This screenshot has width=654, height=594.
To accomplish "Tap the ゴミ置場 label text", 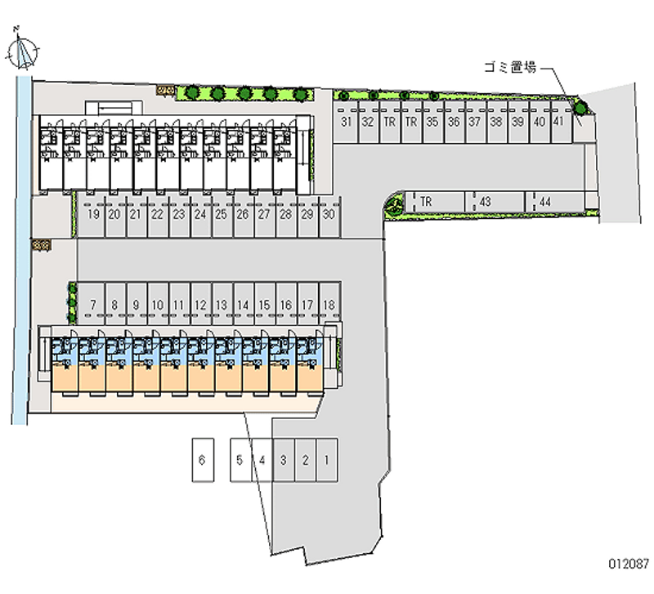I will coord(508,69).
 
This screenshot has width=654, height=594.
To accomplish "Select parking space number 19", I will coord(94,215).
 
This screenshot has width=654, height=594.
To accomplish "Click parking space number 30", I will coord(328,215).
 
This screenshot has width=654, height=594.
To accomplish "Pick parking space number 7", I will coord(94,306).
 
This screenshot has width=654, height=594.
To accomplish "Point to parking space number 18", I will coord(328,306).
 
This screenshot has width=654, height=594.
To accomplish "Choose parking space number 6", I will coord(201,461).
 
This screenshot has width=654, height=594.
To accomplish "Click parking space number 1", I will coord(326,461).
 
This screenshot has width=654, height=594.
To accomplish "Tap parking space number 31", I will coord(347,123).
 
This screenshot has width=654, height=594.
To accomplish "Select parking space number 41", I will coord(558,123).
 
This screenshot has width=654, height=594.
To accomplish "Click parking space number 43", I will coord(486,201).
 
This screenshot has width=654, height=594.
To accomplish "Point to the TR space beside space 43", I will coord(427,201).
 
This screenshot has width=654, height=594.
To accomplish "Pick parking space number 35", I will coord(432,123).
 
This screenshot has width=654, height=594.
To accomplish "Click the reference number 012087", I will coord(626,564).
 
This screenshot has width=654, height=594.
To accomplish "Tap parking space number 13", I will coord(222,306).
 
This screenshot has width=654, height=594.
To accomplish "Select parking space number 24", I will coord(200,215).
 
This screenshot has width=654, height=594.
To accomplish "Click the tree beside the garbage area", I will coord(579,107).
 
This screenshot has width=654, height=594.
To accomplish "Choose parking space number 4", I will coord(262,461).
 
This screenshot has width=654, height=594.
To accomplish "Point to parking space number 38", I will coord(495,123).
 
